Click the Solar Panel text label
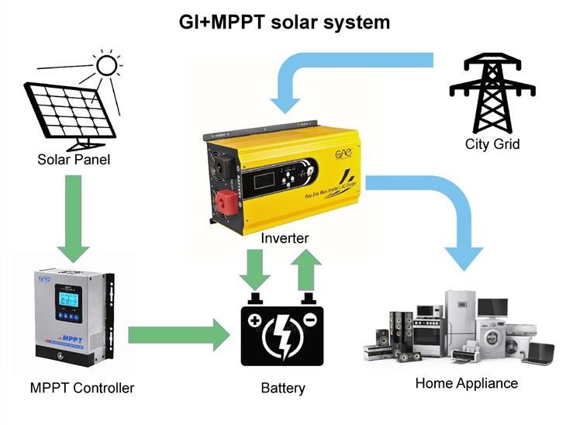point(74,161)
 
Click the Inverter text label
point(285,238)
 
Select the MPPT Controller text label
point(82,387)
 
